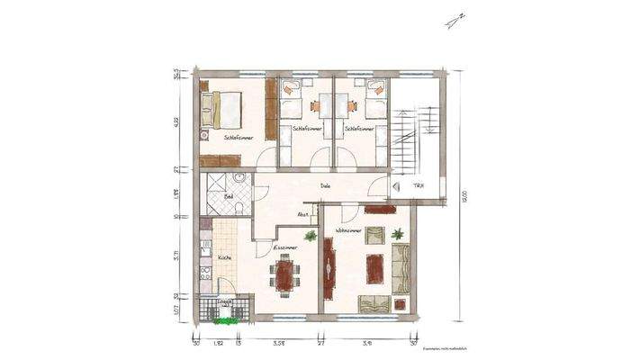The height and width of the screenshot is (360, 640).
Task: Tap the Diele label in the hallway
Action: pyautogui.click(x=324, y=186)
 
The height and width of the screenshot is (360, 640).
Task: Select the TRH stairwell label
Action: pyautogui.click(x=419, y=186)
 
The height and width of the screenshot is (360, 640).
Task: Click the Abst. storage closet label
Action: pyautogui.click(x=304, y=215)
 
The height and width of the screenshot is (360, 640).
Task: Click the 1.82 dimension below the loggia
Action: pyautogui.click(x=218, y=343)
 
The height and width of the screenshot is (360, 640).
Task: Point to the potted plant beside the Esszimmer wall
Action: pyautogui.click(x=310, y=236)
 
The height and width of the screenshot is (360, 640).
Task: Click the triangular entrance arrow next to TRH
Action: pyautogui.click(x=396, y=186)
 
